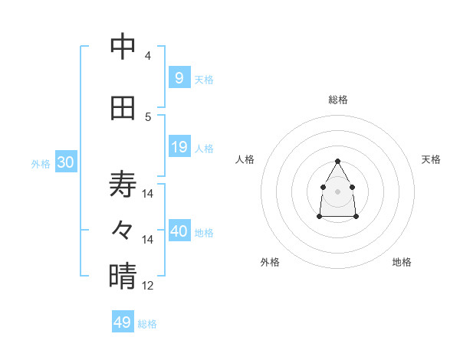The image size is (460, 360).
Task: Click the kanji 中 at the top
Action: pos(123,47)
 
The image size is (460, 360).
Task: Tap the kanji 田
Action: pos(123,108)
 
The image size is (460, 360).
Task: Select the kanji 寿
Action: pos(123,185)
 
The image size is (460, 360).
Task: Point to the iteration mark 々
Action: pos(123,229)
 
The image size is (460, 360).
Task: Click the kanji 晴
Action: pos(123,276)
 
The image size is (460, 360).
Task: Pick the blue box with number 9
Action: pos(179,78)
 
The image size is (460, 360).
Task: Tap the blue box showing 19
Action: pos(179,147)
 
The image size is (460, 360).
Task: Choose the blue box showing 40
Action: pos(179,231)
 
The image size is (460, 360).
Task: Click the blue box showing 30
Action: pos(65,162)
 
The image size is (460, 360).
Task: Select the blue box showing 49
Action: pos(123,322)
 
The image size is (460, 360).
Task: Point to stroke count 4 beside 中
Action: pos(148,55)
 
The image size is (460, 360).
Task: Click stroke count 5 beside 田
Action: pos(148,116)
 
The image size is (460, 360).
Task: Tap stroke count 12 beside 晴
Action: pos(148,285)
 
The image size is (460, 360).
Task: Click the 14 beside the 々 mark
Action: pos(148,239)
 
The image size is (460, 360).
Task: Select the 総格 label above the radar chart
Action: pos(338,100)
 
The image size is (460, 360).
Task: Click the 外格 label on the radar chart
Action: pos(270,262)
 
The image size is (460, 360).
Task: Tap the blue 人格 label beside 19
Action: pos(204,149)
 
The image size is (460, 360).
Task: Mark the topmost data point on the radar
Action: pos(338,161)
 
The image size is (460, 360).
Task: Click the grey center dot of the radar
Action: pos(338,191)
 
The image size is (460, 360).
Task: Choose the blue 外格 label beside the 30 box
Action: pos(41,164)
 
